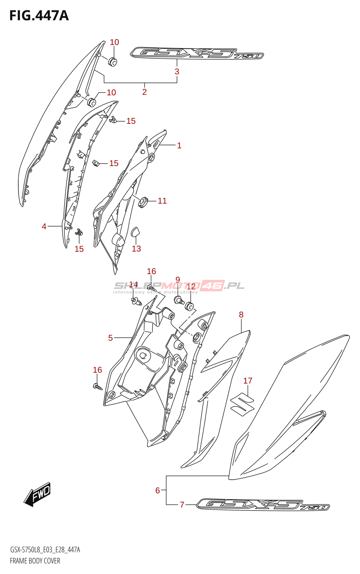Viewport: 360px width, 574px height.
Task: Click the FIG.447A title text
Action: point(39,16)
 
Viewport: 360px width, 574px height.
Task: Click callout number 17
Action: point(248,381)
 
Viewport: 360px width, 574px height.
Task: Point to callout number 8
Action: point(241,315)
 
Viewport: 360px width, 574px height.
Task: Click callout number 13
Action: point(136,249)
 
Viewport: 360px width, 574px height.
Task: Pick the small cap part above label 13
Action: point(136,232)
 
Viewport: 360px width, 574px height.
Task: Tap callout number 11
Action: point(162,201)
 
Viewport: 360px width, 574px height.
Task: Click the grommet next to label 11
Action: point(143,202)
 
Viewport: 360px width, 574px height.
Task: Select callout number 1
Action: point(179,145)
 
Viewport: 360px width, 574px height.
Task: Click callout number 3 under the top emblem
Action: point(177,71)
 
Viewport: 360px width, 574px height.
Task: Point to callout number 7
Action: point(182,505)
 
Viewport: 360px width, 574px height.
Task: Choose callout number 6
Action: point(157,490)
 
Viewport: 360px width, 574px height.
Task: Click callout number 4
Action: point(44,226)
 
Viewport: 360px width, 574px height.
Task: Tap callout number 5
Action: point(110,338)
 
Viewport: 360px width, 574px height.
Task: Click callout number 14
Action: point(133,285)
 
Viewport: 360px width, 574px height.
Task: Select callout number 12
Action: point(191,286)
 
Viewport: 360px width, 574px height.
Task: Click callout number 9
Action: point(177,279)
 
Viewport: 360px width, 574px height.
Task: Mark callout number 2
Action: point(144,92)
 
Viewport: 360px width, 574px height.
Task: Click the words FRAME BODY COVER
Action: point(35,561)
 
